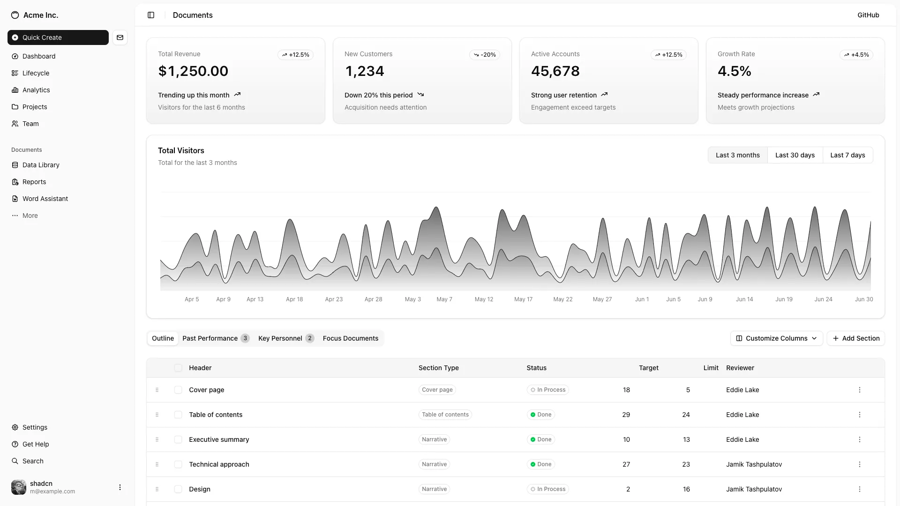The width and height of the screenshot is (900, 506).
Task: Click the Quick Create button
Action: pos(58,37)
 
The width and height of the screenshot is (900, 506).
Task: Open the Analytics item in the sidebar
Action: pos(36,90)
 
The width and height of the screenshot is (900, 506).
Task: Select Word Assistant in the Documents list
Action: pos(45,199)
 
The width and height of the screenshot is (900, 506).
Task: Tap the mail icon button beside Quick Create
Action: pos(120,37)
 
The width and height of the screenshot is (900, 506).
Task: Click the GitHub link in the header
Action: pos(868,15)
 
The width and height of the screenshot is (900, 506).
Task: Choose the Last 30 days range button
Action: pos(795,155)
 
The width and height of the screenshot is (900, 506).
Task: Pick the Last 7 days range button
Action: pos(847,155)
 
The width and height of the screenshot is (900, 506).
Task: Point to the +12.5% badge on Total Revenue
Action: pos(295,55)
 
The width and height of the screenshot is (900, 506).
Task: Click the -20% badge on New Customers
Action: pos(485,55)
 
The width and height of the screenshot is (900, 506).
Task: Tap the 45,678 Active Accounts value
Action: pos(555,71)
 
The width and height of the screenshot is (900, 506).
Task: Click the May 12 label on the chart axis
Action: pos(484,299)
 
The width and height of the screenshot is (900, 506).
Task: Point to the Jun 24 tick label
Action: pos(823,299)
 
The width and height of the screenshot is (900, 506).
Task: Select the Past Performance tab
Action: pos(215,338)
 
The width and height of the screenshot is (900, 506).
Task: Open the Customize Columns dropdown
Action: pos(776,338)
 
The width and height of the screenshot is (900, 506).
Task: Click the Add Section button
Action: pos(855,338)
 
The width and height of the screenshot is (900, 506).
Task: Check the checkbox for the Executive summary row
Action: pos(178,439)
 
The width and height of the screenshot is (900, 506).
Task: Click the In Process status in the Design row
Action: pos(547,489)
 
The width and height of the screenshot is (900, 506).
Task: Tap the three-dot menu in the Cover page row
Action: pos(859,390)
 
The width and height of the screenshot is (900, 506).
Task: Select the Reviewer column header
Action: pos(740,368)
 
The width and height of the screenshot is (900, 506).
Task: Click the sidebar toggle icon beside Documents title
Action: pos(151,15)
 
